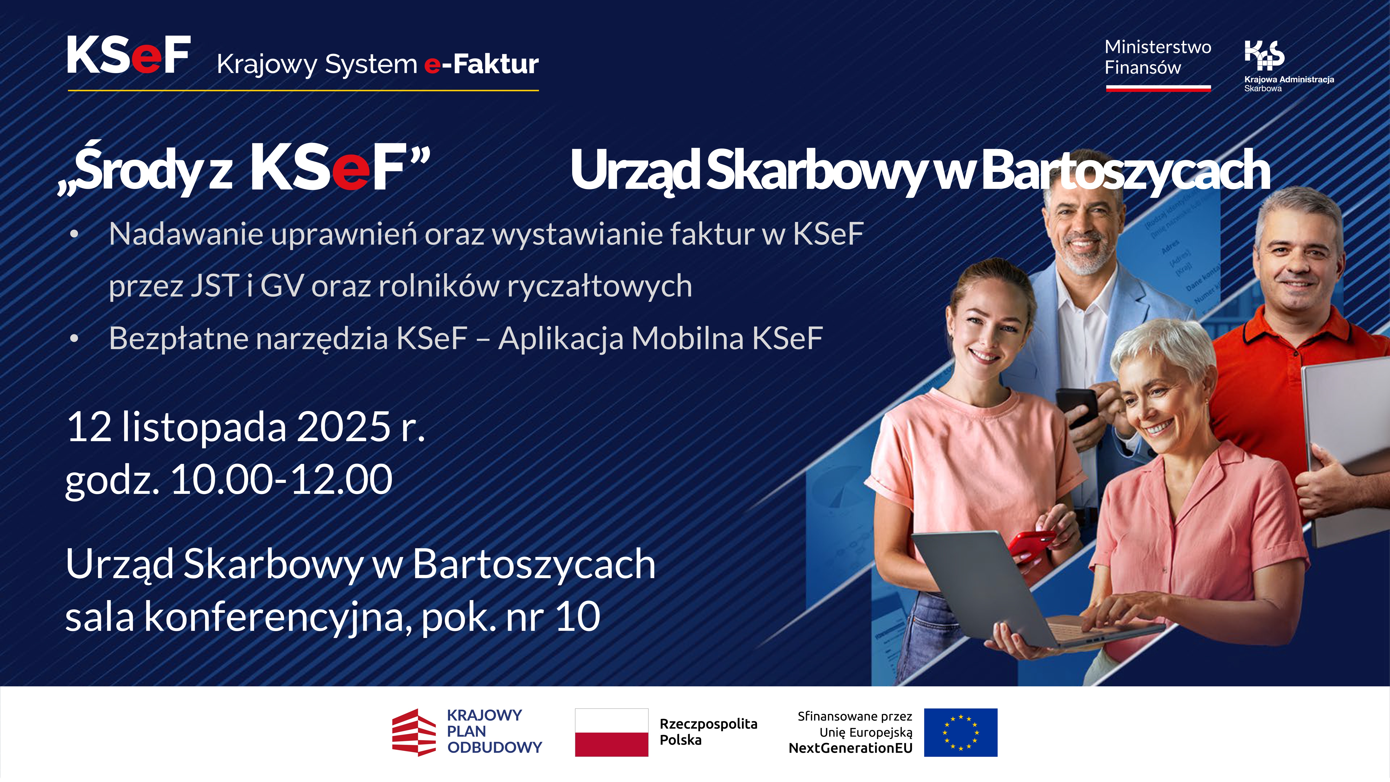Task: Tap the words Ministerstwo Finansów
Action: (x=1157, y=57)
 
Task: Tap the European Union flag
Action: (x=961, y=732)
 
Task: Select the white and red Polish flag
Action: (x=611, y=732)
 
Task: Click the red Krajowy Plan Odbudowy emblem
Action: (x=413, y=732)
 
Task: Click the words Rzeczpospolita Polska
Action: (x=708, y=732)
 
